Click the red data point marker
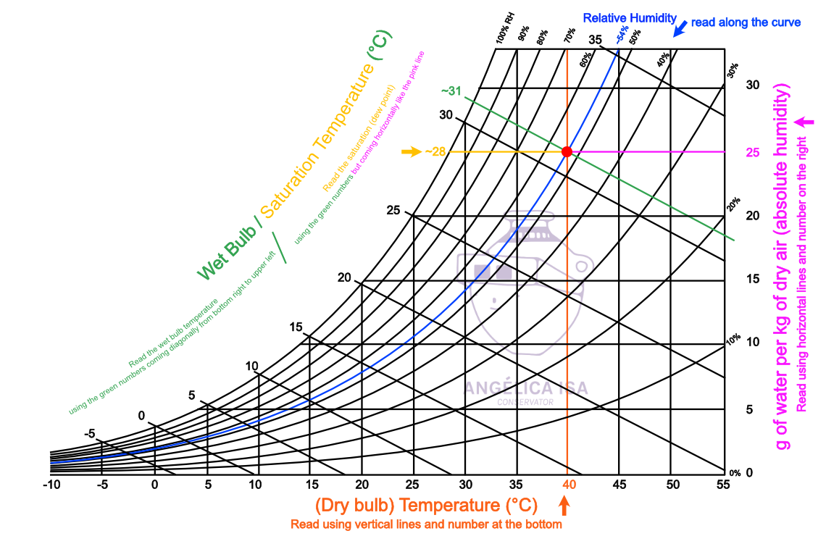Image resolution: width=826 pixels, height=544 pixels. [x=567, y=151]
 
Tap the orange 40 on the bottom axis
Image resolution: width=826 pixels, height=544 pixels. [x=569, y=485]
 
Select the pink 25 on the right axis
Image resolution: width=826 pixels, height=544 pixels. [x=753, y=153]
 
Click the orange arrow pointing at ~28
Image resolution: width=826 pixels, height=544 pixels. [x=411, y=151]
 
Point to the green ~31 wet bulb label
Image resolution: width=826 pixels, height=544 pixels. [x=451, y=91]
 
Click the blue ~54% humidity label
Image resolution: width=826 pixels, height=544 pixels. [x=622, y=35]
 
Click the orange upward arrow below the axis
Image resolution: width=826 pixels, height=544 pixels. [x=565, y=505]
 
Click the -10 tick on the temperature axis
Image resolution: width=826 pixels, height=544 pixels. [x=50, y=485]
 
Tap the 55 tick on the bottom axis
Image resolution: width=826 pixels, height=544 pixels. [x=722, y=485]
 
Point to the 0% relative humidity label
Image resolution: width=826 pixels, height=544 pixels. [x=735, y=473]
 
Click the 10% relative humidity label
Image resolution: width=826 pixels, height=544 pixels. [x=733, y=338]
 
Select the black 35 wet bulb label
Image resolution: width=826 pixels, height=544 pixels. [x=596, y=40]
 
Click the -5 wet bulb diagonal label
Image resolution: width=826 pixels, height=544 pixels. [x=89, y=434]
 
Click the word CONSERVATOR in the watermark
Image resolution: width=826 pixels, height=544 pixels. [x=525, y=402]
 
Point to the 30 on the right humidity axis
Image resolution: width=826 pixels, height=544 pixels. [x=753, y=85]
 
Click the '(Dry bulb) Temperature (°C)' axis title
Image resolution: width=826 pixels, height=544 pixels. [x=426, y=504]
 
